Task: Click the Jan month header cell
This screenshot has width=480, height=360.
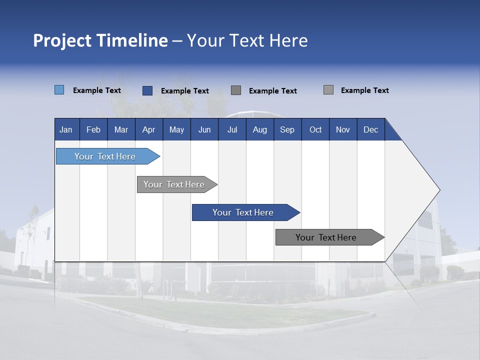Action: point(66,129)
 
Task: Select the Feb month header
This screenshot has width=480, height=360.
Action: point(93,129)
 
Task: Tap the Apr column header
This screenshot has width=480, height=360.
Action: point(148,129)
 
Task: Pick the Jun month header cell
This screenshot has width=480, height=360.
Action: point(204,129)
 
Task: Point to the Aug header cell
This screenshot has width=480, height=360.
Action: point(259,129)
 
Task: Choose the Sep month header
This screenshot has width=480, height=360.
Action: point(287,129)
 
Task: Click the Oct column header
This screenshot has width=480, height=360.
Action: point(315,129)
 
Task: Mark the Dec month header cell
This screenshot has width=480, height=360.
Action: point(370,129)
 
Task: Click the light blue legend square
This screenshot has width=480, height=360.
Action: point(59,90)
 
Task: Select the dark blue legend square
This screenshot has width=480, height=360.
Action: point(147,90)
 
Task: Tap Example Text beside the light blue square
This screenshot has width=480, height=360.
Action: point(97,90)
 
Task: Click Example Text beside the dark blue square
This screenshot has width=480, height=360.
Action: point(185,91)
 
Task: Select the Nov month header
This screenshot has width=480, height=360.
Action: point(343,129)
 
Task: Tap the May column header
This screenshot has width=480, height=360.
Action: point(176,129)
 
